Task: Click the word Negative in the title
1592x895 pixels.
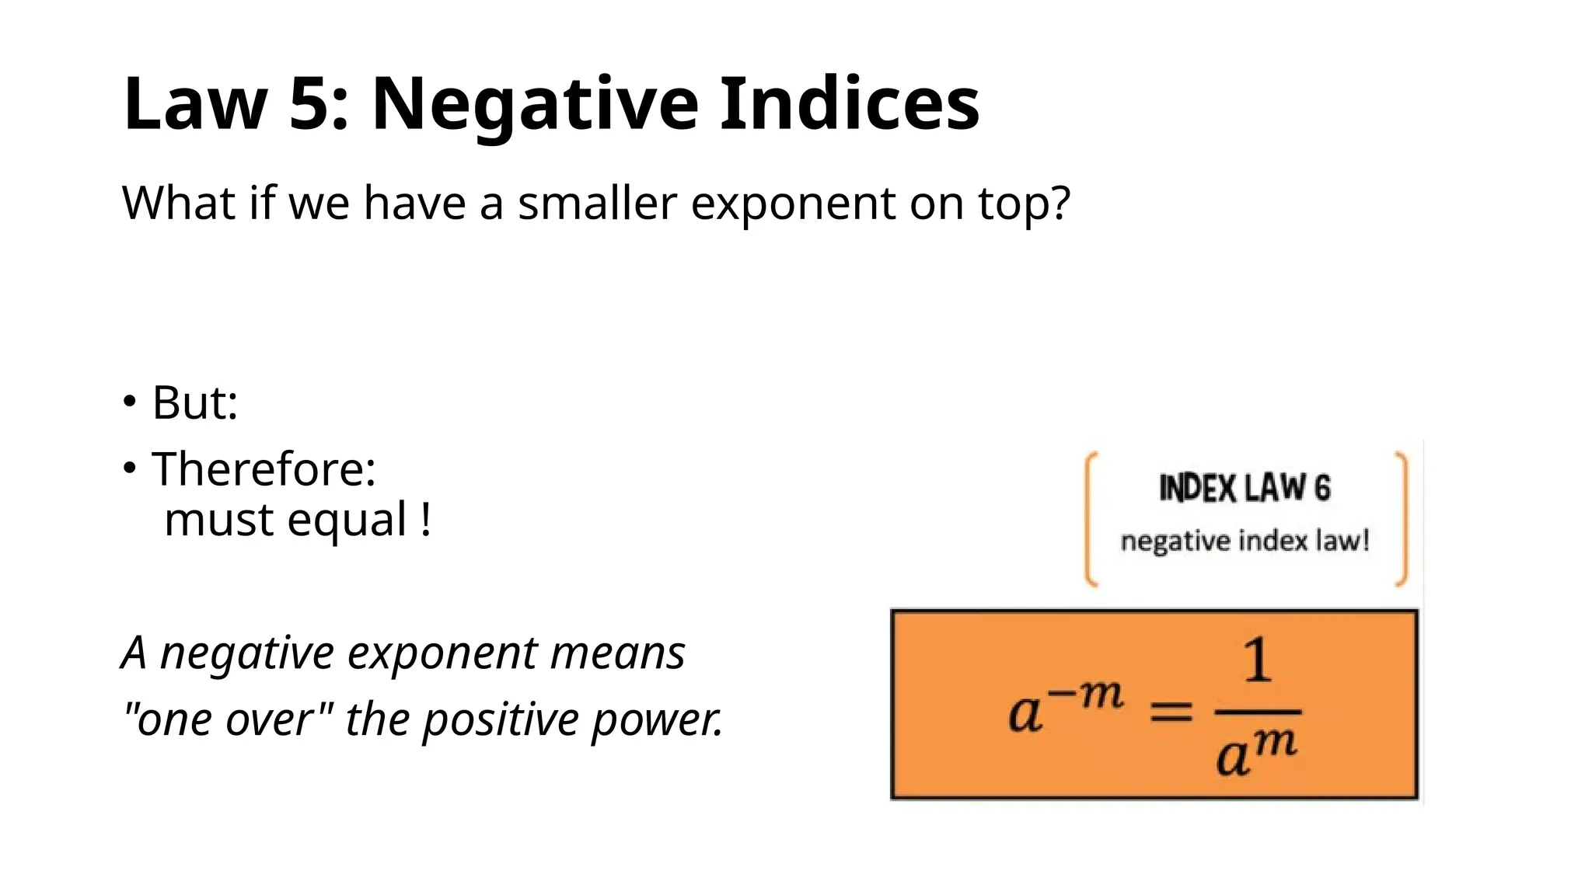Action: coord(535,105)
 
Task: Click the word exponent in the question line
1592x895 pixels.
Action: coord(792,205)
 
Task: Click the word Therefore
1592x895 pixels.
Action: coord(264,469)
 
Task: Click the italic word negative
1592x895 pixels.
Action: coord(246,653)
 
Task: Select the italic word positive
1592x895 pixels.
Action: coord(501,719)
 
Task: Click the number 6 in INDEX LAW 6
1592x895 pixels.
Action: coord(1321,489)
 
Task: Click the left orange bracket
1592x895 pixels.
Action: coord(1091,519)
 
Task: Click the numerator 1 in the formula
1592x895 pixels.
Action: coord(1257,660)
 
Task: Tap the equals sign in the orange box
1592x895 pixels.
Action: coord(1171,712)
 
